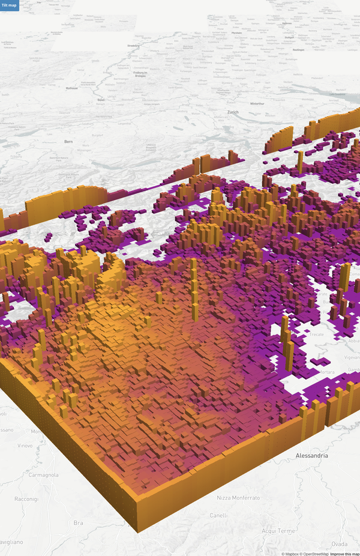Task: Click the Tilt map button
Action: coord(10,5)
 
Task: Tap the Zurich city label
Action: coord(233,112)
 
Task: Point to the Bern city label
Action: coord(68,142)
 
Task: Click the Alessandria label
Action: coord(312,456)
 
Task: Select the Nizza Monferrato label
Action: coord(238,498)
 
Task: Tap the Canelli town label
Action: coord(218,515)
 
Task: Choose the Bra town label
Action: coord(79,523)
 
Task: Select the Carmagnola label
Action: coord(44,475)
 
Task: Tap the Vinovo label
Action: coord(25,446)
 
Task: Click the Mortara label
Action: coord(326,372)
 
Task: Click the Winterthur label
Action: coord(257,103)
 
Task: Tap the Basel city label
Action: coord(101,100)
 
